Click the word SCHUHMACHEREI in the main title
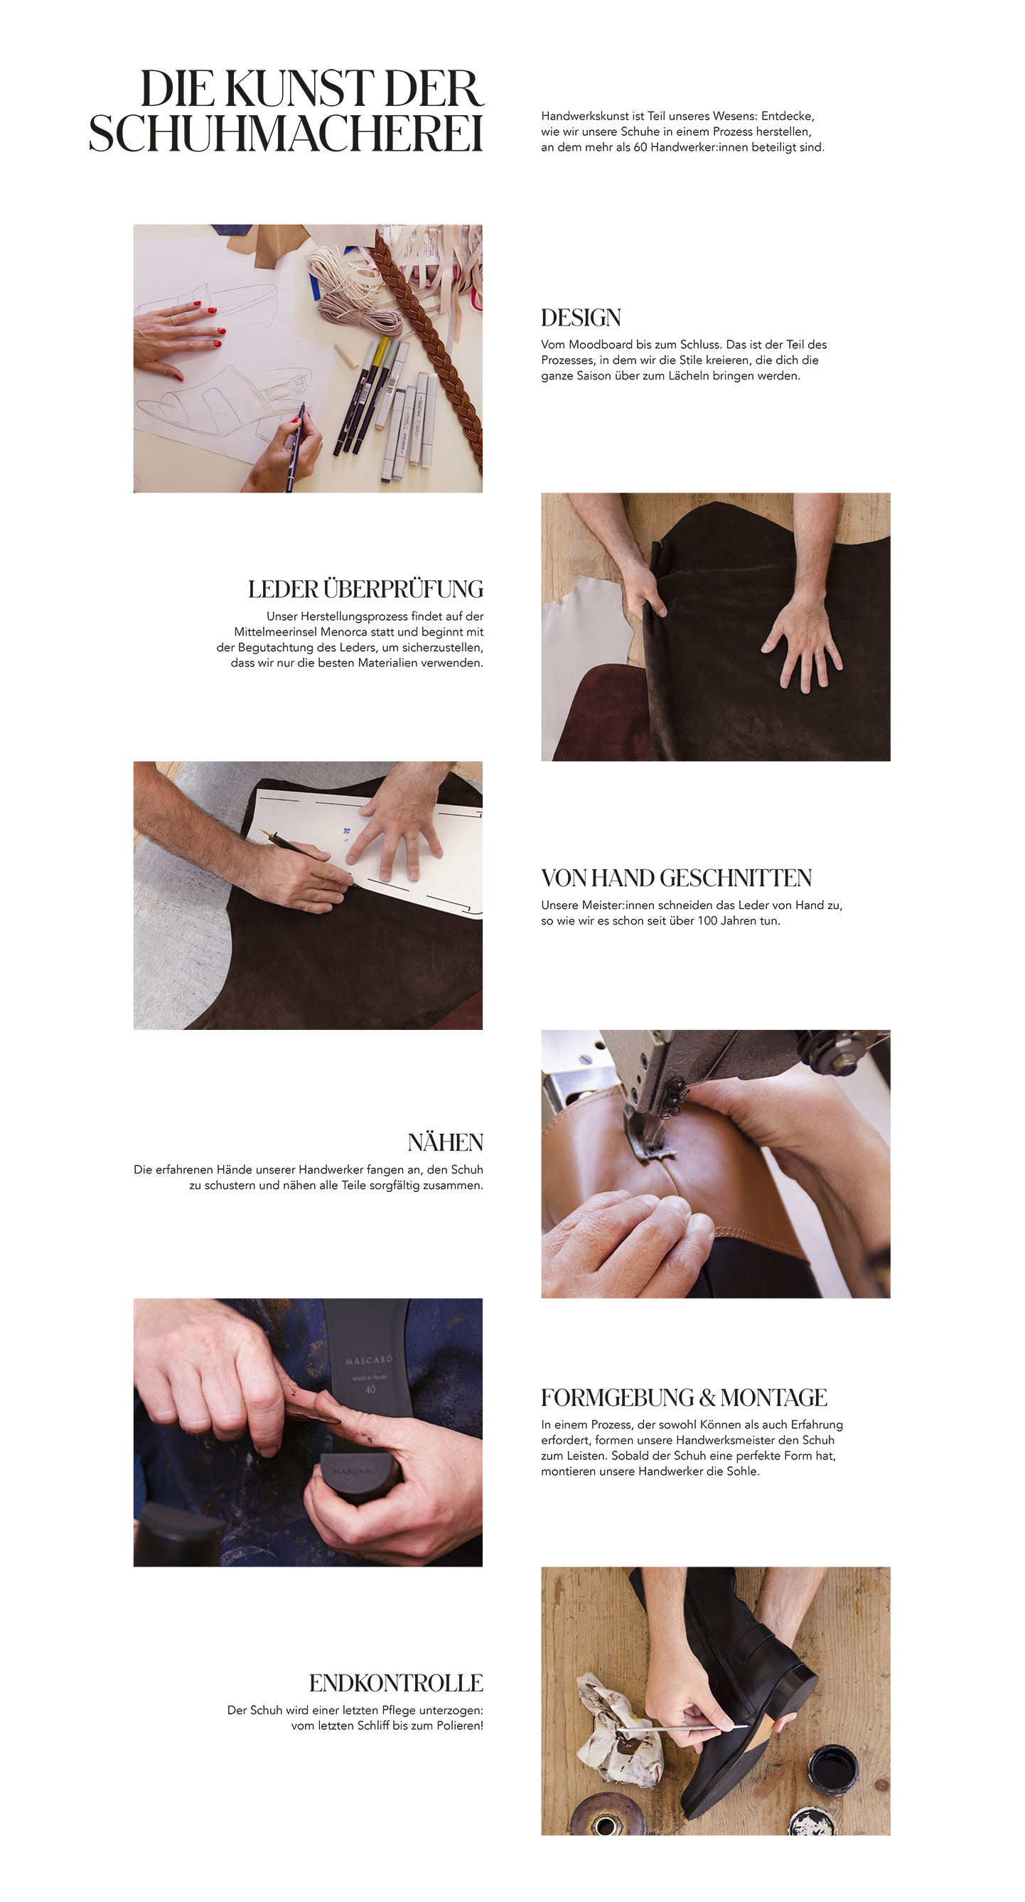(286, 134)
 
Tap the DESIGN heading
(581, 318)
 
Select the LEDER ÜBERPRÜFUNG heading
(365, 589)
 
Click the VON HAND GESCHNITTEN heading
(677, 878)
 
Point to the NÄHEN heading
(445, 1142)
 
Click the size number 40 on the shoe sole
(370, 1389)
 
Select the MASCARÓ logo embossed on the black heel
(355, 1470)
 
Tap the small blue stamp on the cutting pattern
(345, 832)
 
